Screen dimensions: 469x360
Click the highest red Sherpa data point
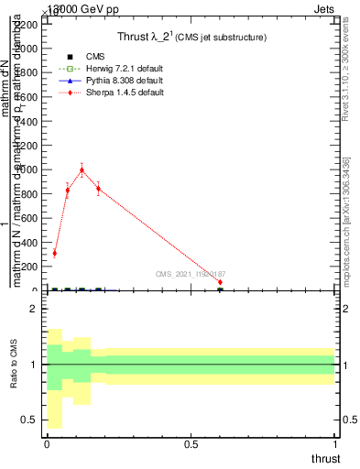[x=82, y=169]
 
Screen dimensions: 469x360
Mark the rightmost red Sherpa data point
[x=220, y=282]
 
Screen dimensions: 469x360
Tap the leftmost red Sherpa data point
[x=54, y=253]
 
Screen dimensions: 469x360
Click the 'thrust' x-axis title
[x=324, y=459]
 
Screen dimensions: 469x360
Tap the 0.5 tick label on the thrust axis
[x=191, y=444]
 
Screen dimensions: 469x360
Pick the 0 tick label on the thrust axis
[x=47, y=444]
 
